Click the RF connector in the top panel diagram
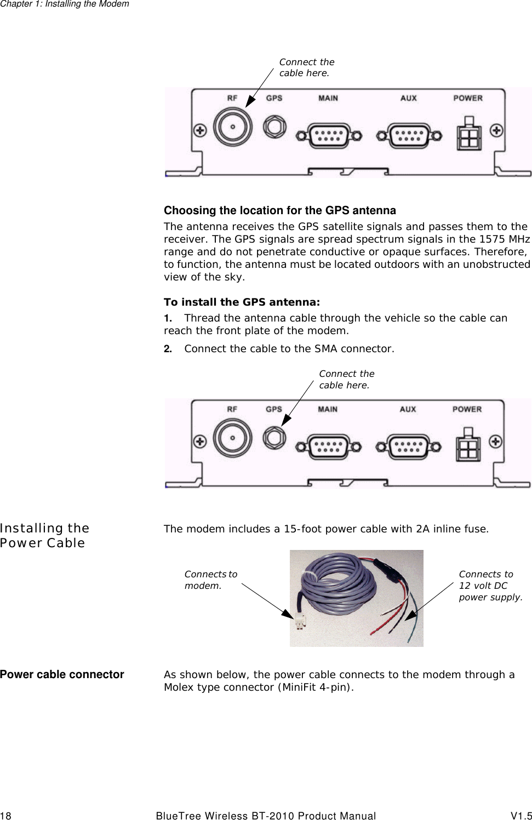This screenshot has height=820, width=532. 232,127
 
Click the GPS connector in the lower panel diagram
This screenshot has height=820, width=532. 274,438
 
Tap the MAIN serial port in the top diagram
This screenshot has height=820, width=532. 329,135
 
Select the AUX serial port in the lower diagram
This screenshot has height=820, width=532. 408,446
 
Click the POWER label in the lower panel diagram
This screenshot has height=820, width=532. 467,409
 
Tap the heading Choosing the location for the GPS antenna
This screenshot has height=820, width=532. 279,210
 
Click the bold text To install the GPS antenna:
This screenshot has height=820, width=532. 242,302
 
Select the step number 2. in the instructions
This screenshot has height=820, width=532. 168,349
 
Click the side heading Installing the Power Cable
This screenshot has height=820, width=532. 44,535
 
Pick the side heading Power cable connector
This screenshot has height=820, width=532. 62,674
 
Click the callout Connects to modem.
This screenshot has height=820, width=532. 210,580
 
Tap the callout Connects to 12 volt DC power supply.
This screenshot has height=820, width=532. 490,586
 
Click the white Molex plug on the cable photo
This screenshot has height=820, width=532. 299,622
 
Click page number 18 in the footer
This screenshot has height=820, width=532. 5,816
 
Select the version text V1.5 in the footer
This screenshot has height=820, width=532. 521,816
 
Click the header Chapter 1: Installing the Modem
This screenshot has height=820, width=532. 65,4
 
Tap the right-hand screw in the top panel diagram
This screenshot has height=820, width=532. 496,130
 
